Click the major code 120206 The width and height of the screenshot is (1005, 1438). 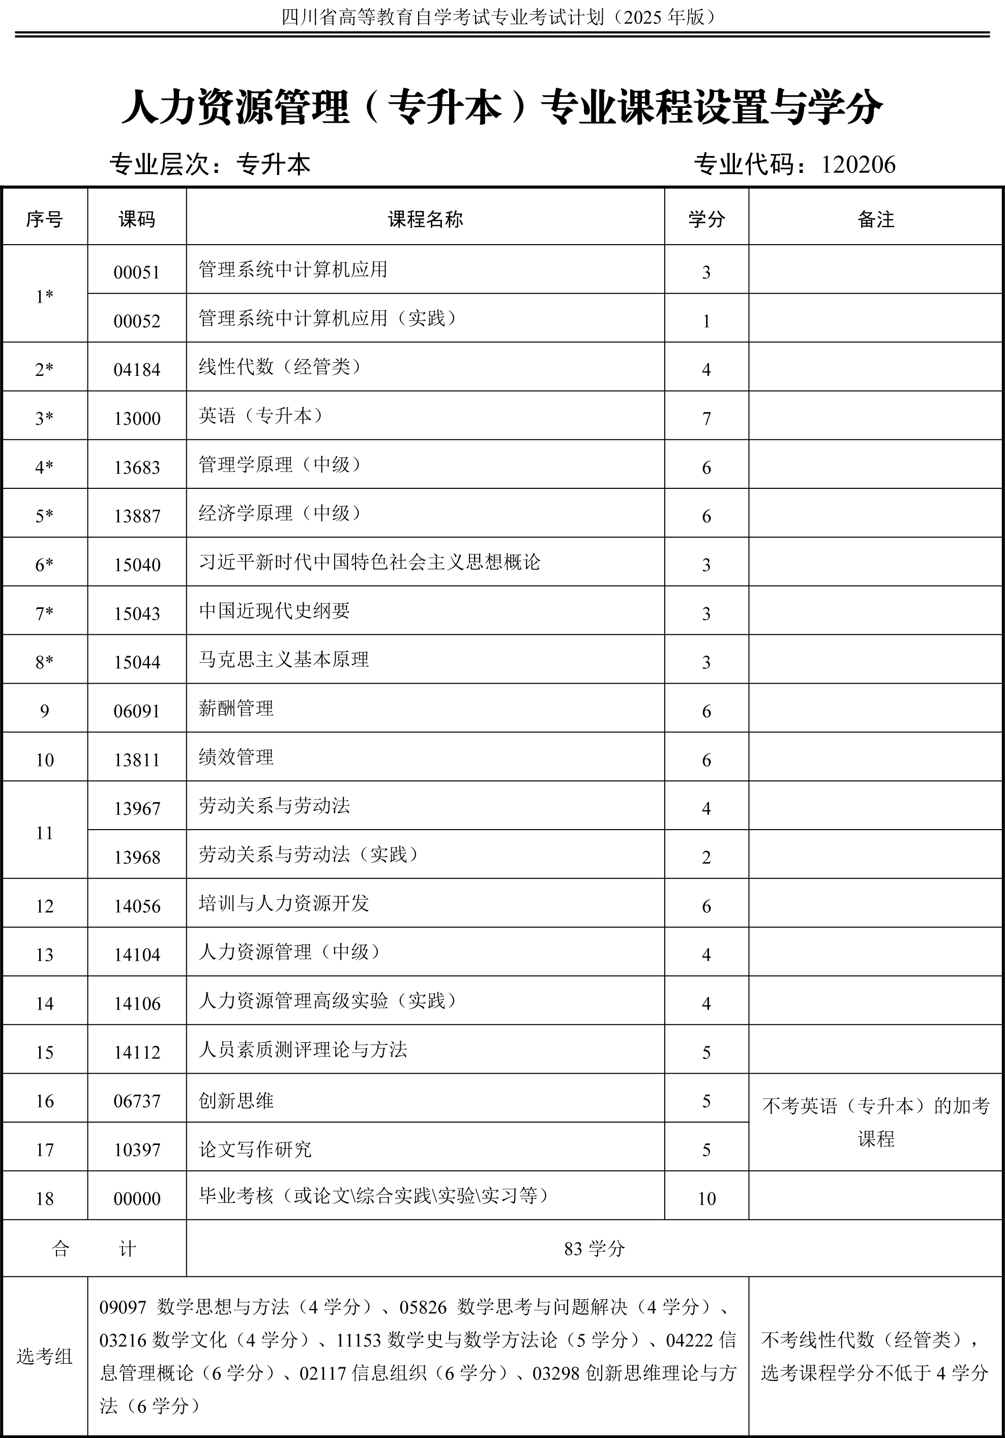[858, 165]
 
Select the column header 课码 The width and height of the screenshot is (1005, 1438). [136, 219]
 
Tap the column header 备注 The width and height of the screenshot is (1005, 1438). [875, 219]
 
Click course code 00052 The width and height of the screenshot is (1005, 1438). [136, 321]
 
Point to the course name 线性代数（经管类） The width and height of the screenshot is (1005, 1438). [281, 367]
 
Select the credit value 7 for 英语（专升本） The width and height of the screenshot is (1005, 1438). [706, 418]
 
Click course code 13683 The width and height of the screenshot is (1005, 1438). [136, 467]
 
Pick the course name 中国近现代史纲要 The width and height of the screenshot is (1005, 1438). [274, 610]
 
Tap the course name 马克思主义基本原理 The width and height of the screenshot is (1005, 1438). [284, 660]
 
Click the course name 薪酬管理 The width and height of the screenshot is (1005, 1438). [236, 709]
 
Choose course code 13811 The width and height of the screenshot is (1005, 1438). [136, 760]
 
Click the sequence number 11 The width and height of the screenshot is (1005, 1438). [44, 833]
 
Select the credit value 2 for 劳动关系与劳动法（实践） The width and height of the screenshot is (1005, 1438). [706, 858]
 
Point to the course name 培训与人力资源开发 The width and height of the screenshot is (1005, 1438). [284, 903]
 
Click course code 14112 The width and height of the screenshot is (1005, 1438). [136, 1052]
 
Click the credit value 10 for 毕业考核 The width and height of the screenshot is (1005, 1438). [706, 1199]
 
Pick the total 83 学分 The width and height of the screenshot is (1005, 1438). [594, 1249]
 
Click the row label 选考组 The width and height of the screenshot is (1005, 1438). [44, 1357]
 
